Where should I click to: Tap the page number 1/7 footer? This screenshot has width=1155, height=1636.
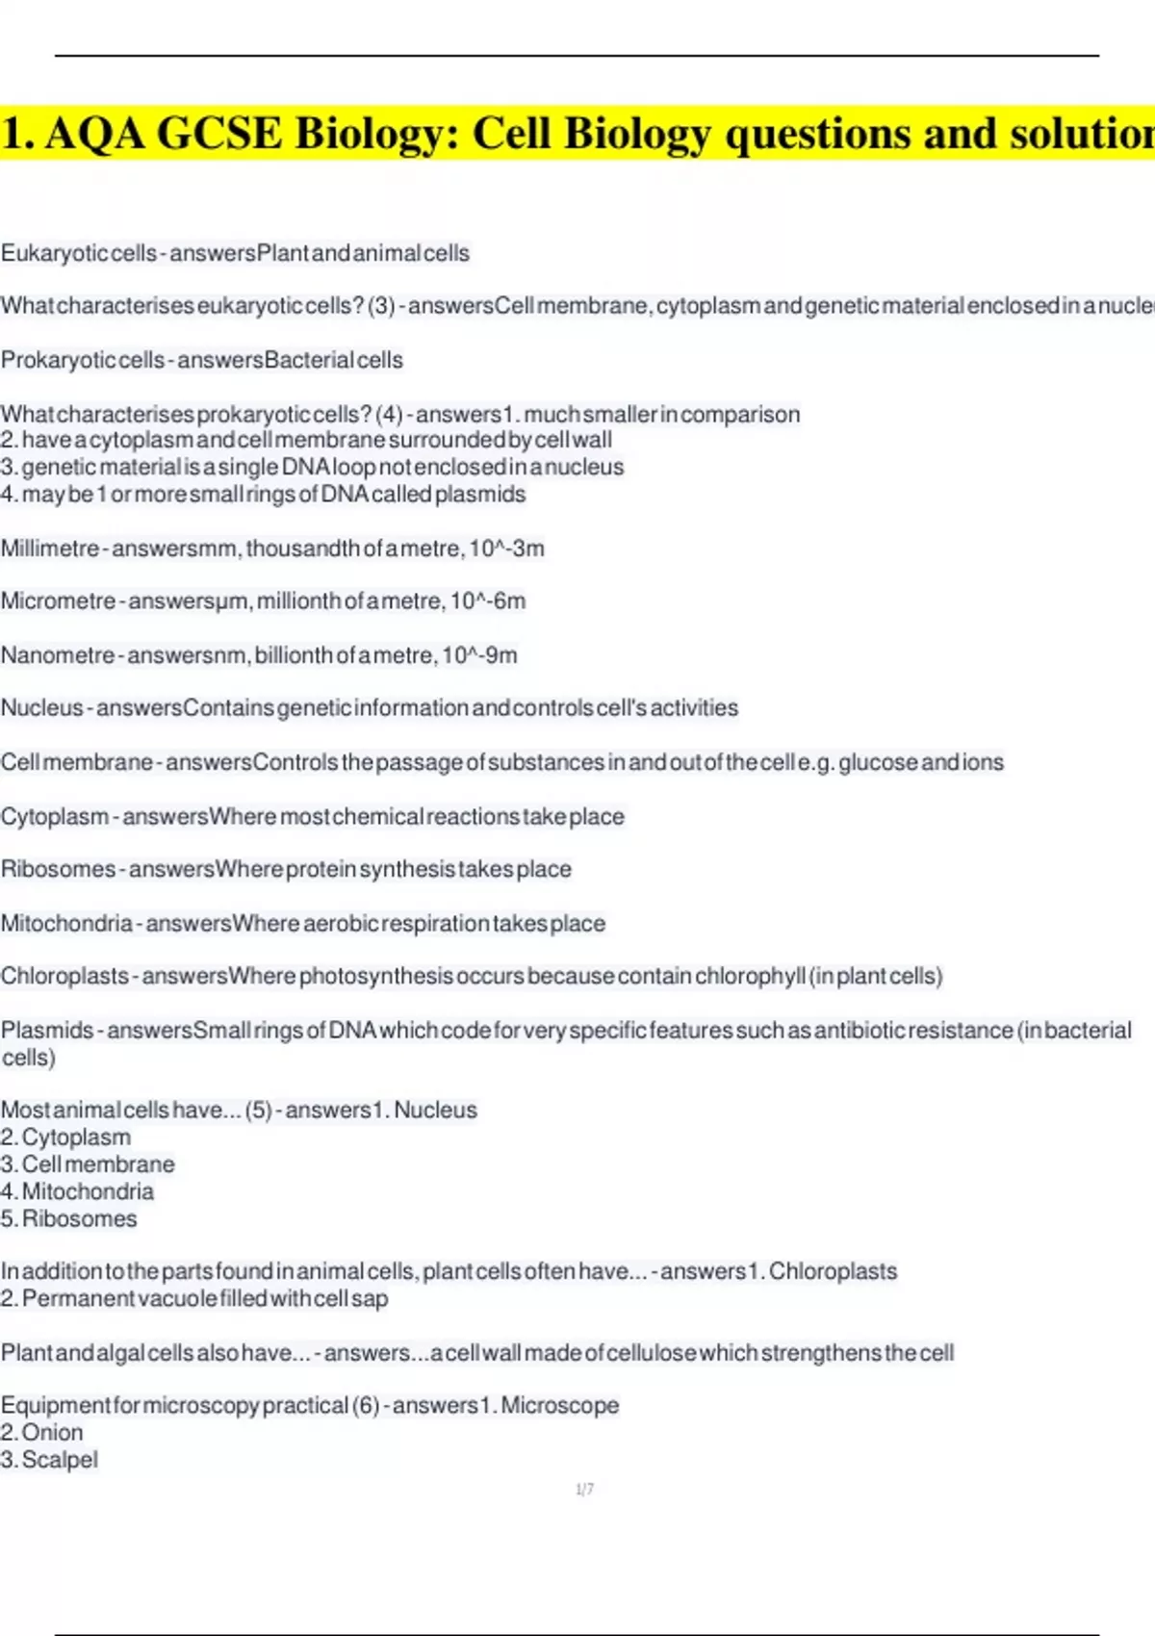584,1490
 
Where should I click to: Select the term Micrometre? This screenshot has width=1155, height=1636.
58,601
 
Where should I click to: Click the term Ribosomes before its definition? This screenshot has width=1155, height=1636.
58,869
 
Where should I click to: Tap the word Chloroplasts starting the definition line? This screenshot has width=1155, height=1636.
64,976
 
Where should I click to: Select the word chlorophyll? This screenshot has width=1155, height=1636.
750,976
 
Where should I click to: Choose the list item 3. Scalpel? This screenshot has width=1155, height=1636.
50,1460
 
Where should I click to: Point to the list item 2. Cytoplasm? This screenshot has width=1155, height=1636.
66,1138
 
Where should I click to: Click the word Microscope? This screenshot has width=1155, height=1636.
559,1406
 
